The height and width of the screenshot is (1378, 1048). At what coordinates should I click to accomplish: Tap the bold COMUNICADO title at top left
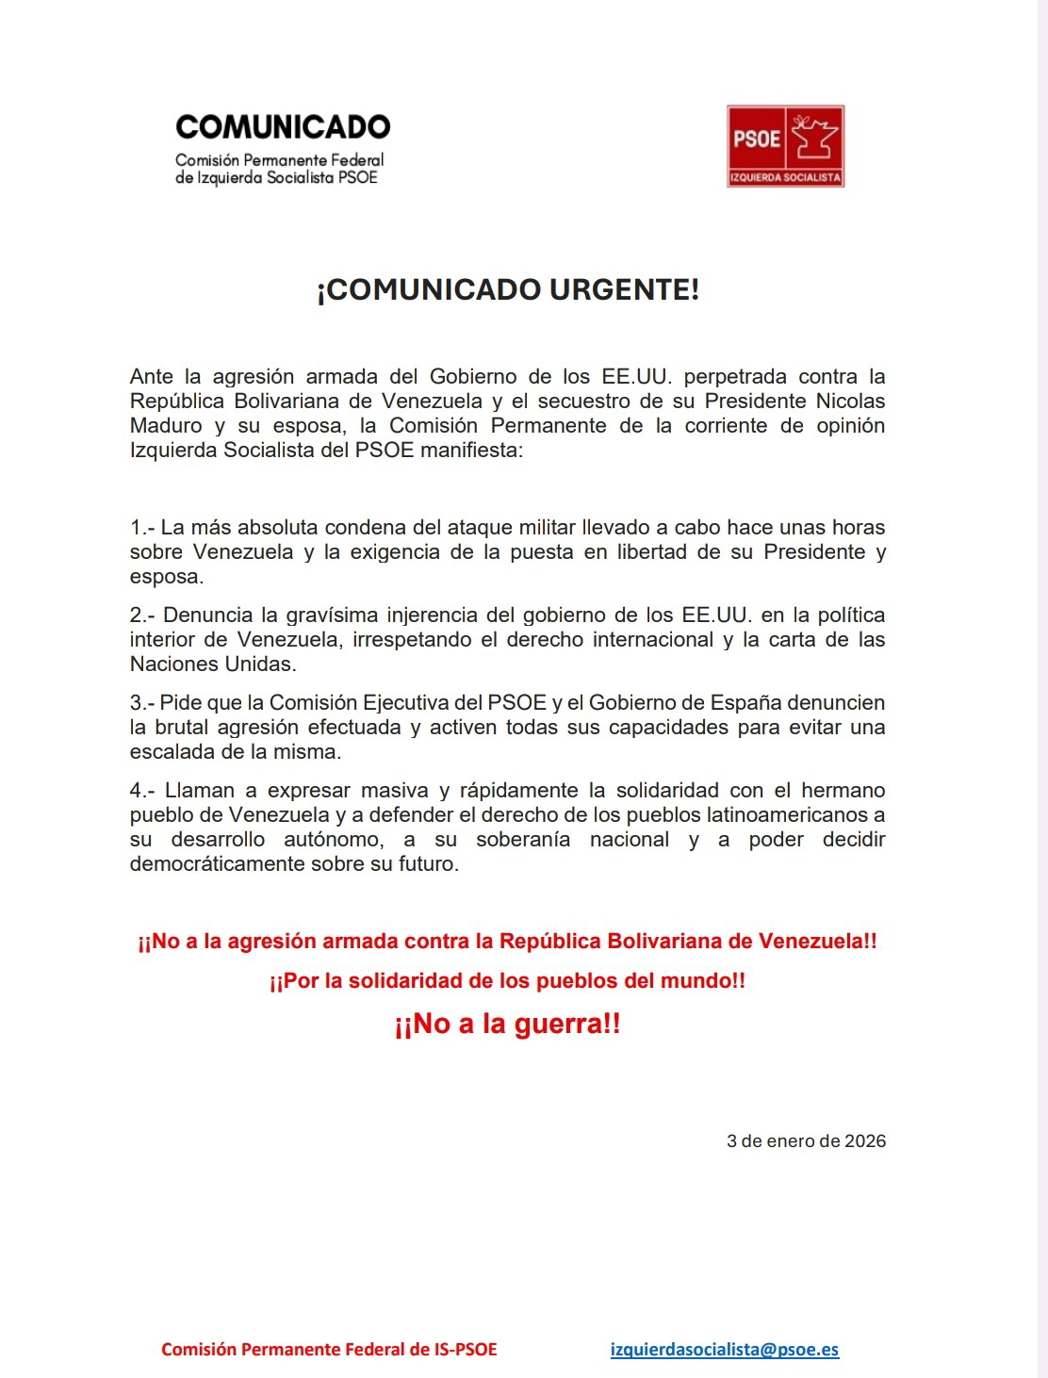pos(283,127)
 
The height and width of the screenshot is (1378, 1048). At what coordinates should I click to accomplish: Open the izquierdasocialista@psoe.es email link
pos(724,1349)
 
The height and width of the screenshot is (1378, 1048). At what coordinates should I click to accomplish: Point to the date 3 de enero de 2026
pos(806,1140)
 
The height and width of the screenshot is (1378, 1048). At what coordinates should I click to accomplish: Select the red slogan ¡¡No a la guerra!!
pos(507,1024)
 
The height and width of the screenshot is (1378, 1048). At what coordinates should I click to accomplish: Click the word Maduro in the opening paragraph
pos(166,425)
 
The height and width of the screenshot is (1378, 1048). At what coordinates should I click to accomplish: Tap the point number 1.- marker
pos(142,527)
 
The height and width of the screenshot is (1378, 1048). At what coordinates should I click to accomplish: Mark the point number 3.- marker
pos(142,702)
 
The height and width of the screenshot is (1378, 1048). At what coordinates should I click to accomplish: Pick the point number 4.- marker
pos(143,790)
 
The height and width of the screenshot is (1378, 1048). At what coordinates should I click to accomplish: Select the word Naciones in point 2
pos(170,664)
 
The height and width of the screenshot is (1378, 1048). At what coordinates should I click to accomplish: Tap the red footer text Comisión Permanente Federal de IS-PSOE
pos(329,1349)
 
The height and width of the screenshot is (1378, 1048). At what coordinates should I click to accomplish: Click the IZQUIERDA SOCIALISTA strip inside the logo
pos(785,177)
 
